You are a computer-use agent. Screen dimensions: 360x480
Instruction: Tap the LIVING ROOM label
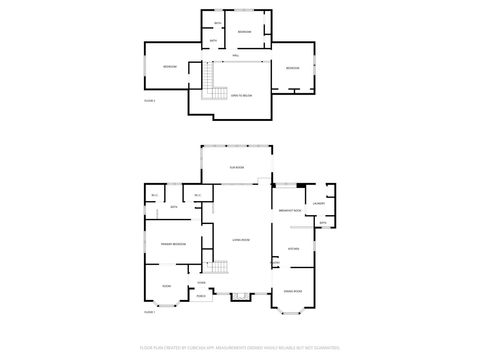pos(241,241)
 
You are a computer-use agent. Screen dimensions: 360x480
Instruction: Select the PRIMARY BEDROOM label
pos(174,244)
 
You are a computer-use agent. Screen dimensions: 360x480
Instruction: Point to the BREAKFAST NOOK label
pos(292,211)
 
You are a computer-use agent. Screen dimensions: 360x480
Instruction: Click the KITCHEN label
pos(294,248)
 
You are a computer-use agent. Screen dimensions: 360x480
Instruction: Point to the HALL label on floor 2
pos(236,56)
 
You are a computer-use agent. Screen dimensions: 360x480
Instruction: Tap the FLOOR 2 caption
pos(150,101)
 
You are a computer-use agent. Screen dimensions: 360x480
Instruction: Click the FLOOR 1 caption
pos(149,313)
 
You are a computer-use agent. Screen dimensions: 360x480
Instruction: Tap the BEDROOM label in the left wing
pos(171,67)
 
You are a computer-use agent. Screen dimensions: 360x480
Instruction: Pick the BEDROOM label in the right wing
pos(292,67)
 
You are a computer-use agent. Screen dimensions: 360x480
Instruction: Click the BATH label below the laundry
pos(322,222)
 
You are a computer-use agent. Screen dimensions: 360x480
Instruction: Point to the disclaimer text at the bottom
pos(240,349)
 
